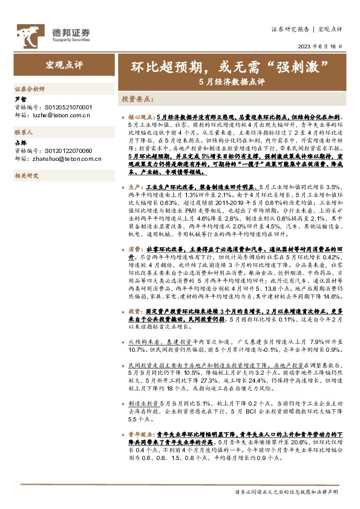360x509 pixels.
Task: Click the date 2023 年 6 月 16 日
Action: point(319,47)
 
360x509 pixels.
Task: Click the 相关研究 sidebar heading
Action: point(26,175)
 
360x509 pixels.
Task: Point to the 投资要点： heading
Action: point(138,98)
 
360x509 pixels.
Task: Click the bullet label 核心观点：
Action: point(143,115)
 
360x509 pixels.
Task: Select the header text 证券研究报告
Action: point(289,29)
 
